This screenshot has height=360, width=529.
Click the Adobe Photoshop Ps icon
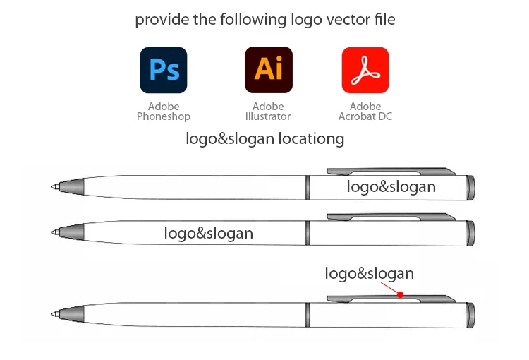[164, 70]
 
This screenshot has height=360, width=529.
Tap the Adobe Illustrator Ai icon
[268, 70]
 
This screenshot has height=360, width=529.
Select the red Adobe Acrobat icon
[365, 70]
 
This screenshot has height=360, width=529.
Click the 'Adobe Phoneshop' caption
[164, 112]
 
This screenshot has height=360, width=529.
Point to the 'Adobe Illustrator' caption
[268, 112]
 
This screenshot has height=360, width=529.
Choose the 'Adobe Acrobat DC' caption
[365, 112]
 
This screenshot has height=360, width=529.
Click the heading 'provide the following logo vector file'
[265, 19]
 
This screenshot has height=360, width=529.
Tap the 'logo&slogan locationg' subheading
[265, 138]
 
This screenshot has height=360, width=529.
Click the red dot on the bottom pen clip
[400, 294]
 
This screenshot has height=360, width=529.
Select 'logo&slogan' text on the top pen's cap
[391, 187]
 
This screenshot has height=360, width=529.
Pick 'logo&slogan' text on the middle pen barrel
[209, 233]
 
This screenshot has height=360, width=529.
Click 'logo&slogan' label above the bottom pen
[370, 274]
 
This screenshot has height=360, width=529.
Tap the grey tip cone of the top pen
[71, 187]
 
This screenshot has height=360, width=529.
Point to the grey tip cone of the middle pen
[71, 232]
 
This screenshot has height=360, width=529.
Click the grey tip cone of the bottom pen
[71, 313]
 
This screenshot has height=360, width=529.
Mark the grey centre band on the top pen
[308, 187]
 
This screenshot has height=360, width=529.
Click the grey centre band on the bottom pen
[308, 314]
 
